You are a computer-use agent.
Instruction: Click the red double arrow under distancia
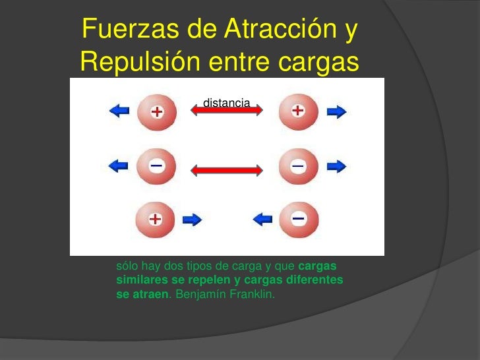(227, 112)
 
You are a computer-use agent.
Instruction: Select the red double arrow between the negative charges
(227, 170)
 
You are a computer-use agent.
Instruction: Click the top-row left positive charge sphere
(156, 112)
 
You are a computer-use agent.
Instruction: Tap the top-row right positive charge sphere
(298, 111)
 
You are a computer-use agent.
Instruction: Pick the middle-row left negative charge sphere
(156, 166)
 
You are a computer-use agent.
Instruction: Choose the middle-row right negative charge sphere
(298, 167)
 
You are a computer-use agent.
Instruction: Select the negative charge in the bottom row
(298, 219)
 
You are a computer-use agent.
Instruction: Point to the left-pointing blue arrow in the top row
(119, 112)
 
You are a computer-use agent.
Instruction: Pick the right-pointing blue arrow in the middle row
(336, 167)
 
